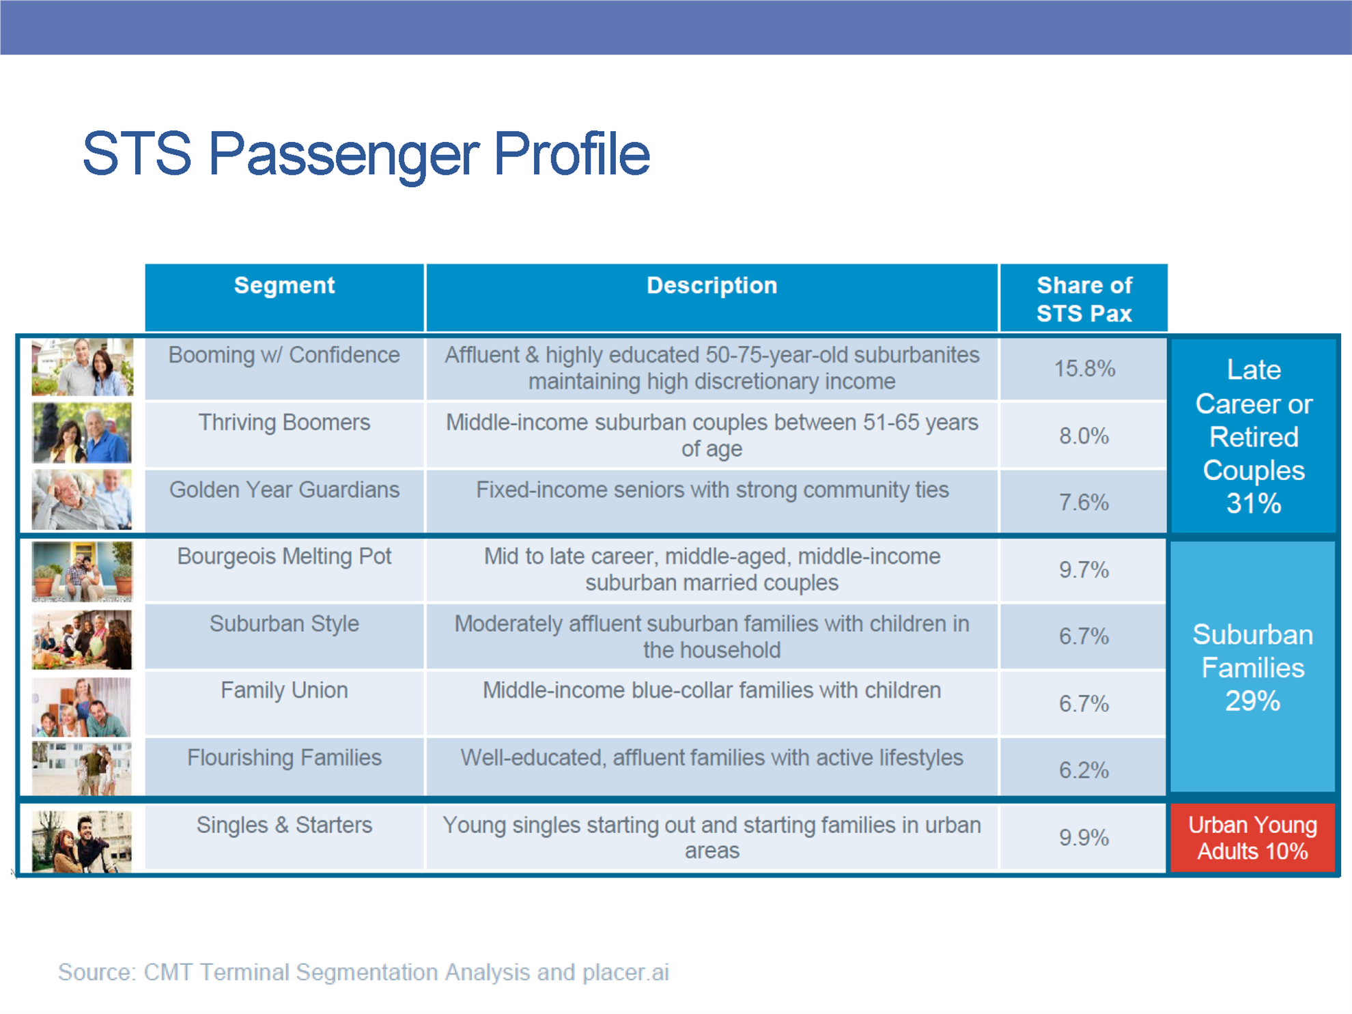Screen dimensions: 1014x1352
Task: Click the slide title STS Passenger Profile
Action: click(x=366, y=154)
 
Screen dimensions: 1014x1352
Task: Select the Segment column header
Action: click(x=284, y=285)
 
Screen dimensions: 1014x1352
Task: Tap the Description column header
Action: click(x=712, y=285)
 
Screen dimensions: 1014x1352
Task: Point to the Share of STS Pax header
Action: click(x=1084, y=299)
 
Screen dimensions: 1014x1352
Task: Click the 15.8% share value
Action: click(x=1084, y=369)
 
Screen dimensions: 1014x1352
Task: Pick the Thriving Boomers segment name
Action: click(x=284, y=423)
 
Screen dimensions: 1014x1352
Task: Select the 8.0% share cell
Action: click(x=1084, y=436)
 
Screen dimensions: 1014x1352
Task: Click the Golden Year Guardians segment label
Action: click(x=284, y=490)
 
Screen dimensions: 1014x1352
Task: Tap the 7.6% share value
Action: click(x=1084, y=503)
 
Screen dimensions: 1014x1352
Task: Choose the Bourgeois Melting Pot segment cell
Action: click(x=284, y=557)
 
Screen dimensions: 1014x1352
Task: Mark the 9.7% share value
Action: click(x=1084, y=569)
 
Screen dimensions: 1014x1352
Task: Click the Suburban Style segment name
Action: click(x=284, y=623)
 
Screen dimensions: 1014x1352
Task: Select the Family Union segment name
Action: click(x=284, y=690)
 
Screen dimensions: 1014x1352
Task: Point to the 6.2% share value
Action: click(x=1084, y=770)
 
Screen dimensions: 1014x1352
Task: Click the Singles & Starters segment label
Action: click(x=284, y=825)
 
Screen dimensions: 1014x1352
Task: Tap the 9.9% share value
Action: click(x=1084, y=837)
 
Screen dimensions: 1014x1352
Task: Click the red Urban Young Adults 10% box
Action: click(x=1252, y=838)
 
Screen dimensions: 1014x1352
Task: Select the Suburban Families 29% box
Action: click(x=1252, y=667)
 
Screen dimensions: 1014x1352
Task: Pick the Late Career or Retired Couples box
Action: click(x=1253, y=436)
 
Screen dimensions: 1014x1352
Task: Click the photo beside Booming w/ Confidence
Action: click(x=82, y=367)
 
